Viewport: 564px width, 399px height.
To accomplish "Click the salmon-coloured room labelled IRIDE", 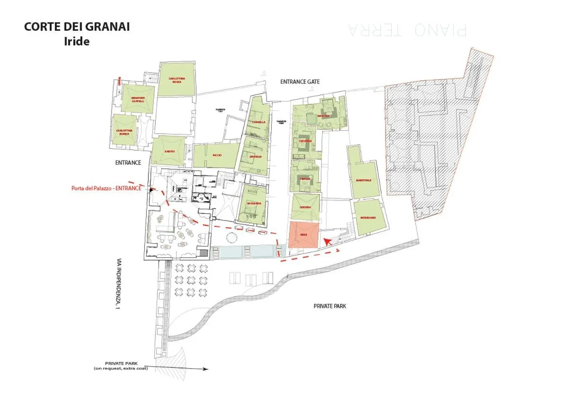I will tap(303, 235).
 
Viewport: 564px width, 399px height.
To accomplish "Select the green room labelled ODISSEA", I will tap(305, 207).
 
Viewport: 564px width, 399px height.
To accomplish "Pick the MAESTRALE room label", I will tap(363, 180).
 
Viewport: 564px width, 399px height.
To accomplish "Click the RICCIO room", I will tap(217, 155).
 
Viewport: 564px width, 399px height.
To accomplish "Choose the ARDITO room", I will tap(169, 151).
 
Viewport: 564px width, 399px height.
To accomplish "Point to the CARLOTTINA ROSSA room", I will tap(176, 80).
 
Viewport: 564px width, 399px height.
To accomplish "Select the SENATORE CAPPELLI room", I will tap(137, 99).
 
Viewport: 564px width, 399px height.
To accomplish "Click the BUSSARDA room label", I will tap(254, 204).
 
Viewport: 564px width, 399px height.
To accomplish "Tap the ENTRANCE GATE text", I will tap(300, 82).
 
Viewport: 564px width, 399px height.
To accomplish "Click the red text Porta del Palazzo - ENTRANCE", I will tap(106, 188).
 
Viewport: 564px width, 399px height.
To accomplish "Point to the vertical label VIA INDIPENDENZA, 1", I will tap(118, 284).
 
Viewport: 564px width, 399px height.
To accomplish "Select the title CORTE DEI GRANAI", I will tap(77, 27).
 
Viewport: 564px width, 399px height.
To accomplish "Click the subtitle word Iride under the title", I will tap(77, 41).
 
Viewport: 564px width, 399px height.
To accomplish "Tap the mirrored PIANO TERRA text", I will tap(407, 29).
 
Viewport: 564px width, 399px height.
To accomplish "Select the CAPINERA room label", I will tap(305, 141).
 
